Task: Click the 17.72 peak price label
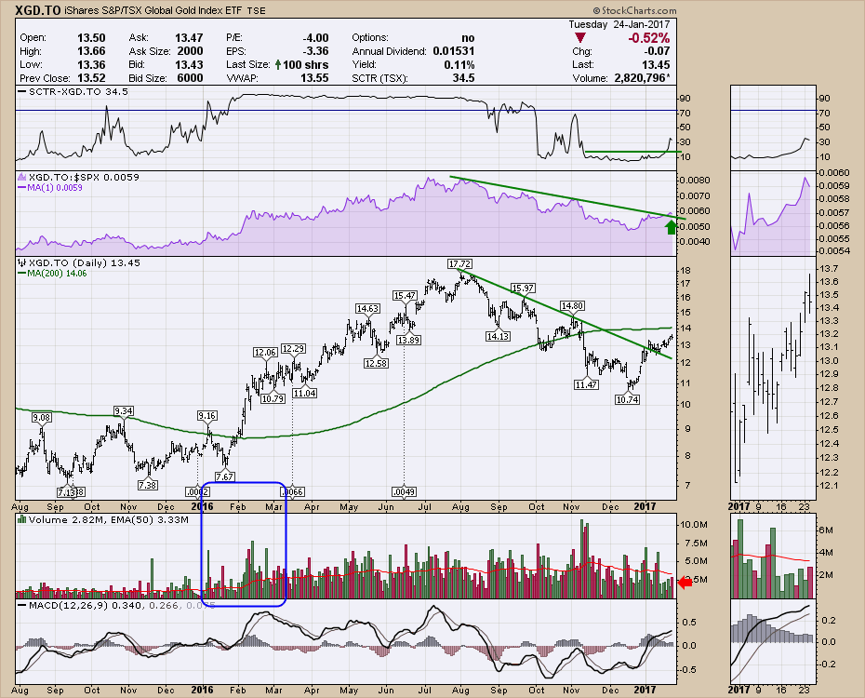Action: (x=460, y=265)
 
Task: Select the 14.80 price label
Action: (x=574, y=305)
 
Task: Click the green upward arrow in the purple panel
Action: (x=671, y=225)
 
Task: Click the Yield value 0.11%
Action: (x=459, y=65)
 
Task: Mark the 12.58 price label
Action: (x=377, y=363)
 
